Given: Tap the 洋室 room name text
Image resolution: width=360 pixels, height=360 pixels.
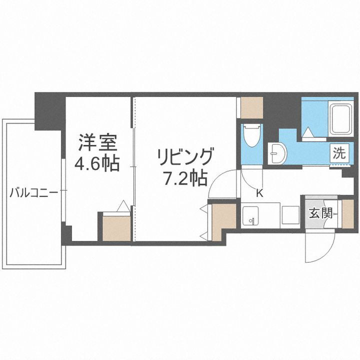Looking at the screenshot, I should pos(97,143).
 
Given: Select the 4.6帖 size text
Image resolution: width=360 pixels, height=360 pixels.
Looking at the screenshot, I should pos(97,163).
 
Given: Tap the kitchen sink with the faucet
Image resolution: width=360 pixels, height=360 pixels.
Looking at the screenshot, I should pos(250,216).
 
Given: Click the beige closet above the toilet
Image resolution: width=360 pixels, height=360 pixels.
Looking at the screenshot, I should pos(251,106).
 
